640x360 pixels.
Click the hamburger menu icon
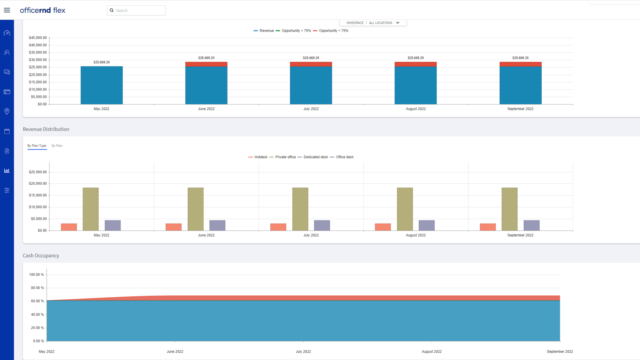[7, 10]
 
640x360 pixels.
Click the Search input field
[138, 11]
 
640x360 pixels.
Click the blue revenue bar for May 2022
[101, 85]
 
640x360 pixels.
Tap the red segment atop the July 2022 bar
[311, 64]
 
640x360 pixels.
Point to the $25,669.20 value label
[101, 62]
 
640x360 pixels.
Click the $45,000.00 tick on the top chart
[38, 38]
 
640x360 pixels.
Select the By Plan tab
[57, 145]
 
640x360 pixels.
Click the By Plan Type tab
[37, 145]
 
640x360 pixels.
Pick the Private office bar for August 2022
[405, 209]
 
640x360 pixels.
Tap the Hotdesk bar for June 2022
[173, 227]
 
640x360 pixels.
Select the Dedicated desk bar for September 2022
[531, 225]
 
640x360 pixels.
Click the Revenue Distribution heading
[46, 129]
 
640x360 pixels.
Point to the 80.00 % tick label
[37, 288]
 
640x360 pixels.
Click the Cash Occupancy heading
[41, 255]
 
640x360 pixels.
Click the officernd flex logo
[43, 10]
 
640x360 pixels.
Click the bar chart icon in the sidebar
[7, 170]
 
